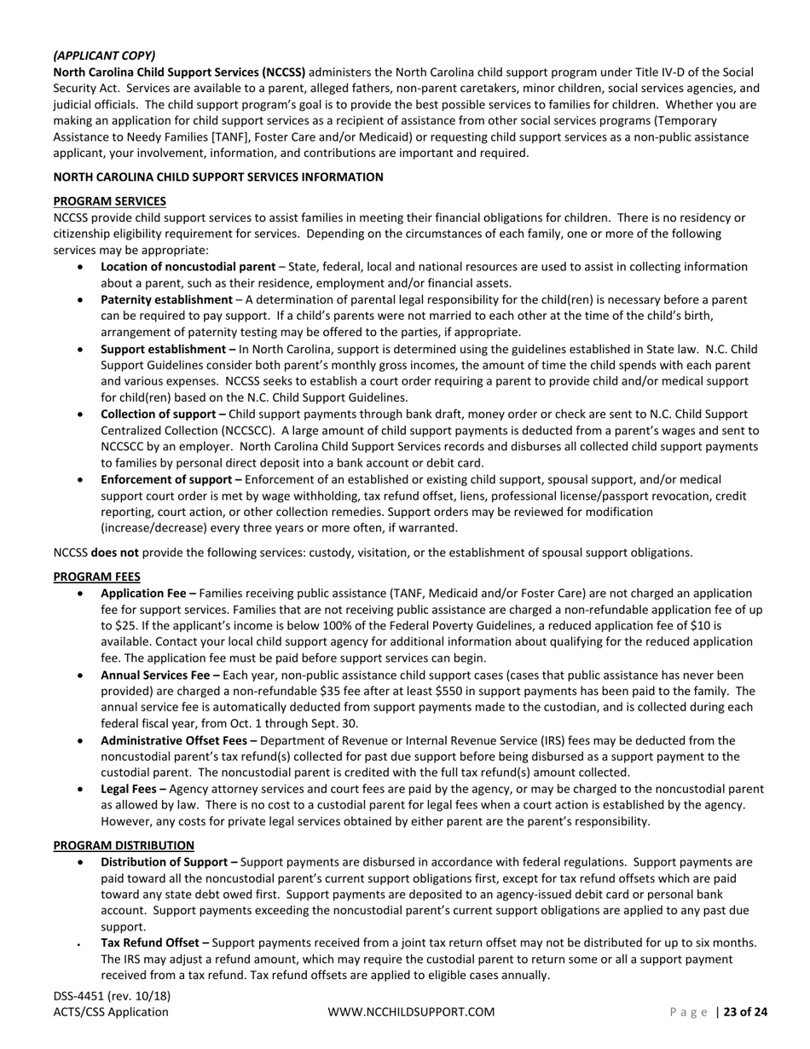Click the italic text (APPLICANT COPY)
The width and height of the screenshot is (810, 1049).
[104, 55]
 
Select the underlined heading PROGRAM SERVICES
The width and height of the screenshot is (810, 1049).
[109, 201]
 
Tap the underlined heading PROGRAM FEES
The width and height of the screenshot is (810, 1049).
[96, 577]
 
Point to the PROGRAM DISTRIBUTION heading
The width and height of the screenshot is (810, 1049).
[124, 845]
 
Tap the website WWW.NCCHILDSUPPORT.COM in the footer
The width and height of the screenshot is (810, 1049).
[411, 1012]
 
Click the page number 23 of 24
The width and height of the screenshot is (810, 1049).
[745, 1012]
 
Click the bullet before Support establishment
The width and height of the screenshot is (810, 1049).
[81, 349]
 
